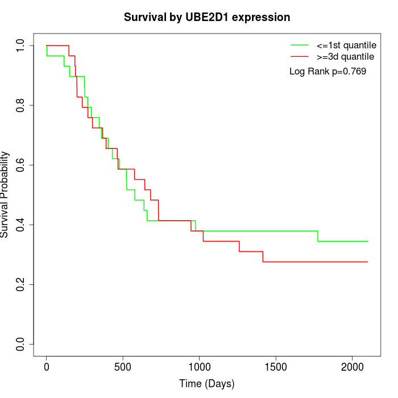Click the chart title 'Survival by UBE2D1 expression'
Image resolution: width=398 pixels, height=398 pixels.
[x=207, y=18]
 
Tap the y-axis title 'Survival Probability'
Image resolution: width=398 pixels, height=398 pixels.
[x=5, y=194]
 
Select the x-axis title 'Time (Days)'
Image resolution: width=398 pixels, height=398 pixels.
[x=207, y=384]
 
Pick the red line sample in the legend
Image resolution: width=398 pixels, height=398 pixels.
[x=300, y=56]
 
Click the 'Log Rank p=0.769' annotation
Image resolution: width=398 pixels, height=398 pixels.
[x=327, y=72]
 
